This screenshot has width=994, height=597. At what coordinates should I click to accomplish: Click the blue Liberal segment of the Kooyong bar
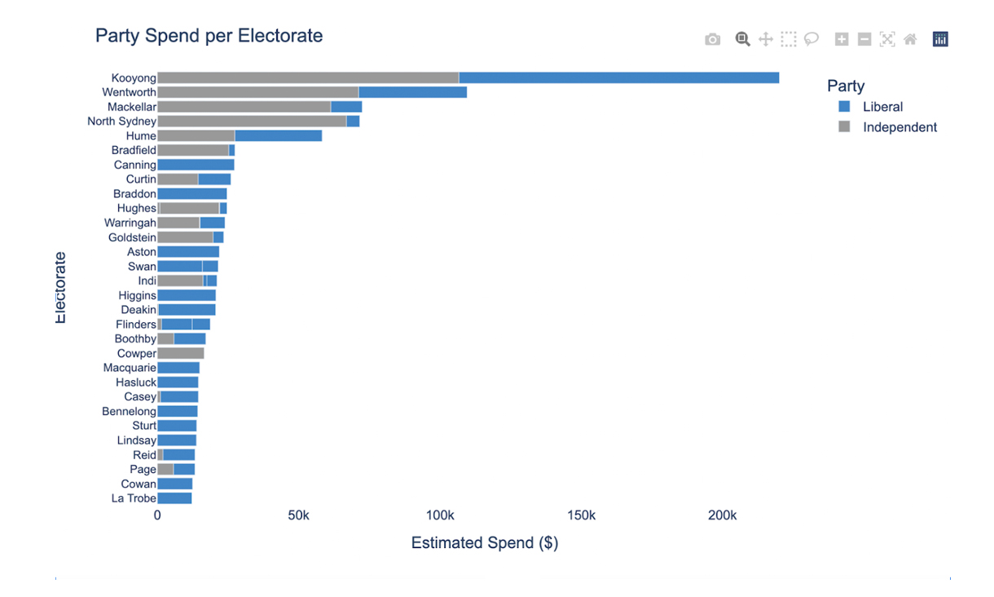coord(619,77)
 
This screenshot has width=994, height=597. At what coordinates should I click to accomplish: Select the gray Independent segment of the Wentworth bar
coord(257,92)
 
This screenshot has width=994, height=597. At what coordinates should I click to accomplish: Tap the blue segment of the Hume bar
coord(278,135)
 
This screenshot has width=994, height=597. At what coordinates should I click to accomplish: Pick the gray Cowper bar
coord(180,353)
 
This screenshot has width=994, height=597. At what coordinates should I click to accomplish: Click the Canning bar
coord(196,165)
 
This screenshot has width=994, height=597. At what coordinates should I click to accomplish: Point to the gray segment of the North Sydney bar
coord(251,122)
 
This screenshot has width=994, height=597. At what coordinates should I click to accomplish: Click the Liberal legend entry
coord(882,107)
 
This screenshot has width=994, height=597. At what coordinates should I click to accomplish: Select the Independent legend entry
coord(899,127)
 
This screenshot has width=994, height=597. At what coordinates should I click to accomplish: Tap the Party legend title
coord(845,86)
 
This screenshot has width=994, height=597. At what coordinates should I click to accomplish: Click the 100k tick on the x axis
coord(440,515)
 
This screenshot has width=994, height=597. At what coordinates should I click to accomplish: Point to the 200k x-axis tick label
coord(722,515)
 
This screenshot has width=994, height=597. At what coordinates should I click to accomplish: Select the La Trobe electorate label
coord(134,498)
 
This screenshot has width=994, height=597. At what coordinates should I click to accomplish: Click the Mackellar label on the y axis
coord(131,107)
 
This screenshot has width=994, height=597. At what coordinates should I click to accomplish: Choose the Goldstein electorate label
coord(132,237)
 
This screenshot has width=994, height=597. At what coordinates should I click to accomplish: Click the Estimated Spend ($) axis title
coord(484,543)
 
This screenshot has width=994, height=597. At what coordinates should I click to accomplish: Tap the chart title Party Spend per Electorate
coord(209,36)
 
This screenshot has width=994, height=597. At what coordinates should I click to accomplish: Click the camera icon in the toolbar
coord(712,39)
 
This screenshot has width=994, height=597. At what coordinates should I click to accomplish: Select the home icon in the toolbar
coord(910,39)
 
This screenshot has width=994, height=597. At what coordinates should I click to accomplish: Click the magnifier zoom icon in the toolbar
coord(742,39)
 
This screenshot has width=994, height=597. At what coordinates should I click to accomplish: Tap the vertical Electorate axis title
coord(60,287)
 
